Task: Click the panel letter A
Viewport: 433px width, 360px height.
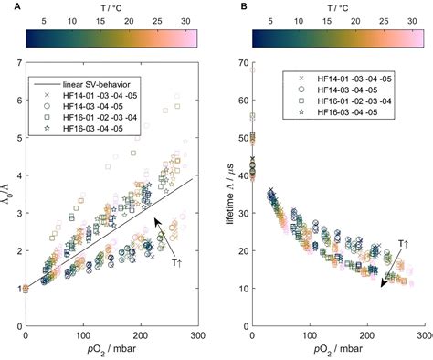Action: (17, 6)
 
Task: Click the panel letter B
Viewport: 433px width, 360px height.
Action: (244, 6)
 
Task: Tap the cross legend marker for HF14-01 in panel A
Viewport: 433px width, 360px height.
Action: (47, 95)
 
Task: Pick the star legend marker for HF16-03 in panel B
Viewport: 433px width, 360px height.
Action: (301, 112)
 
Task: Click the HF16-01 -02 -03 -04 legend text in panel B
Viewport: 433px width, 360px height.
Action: (354, 101)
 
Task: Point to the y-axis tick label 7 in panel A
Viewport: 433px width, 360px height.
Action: (20, 63)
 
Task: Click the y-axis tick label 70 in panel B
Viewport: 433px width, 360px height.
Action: (244, 63)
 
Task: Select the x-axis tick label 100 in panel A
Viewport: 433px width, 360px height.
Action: (83, 335)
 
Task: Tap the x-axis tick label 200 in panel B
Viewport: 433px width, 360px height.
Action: (367, 335)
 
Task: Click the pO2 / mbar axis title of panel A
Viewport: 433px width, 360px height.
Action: (111, 349)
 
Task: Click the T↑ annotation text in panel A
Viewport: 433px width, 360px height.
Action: (176, 262)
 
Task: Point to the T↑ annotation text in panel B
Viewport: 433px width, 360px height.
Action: (404, 244)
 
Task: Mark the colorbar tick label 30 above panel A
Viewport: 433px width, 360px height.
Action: (185, 21)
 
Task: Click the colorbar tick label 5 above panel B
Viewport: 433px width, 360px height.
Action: (270, 21)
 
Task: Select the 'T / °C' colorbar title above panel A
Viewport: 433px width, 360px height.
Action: (111, 8)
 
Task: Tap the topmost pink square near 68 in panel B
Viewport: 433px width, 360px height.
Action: (252, 69)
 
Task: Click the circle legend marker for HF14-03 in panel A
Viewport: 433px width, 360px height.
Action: (47, 106)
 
